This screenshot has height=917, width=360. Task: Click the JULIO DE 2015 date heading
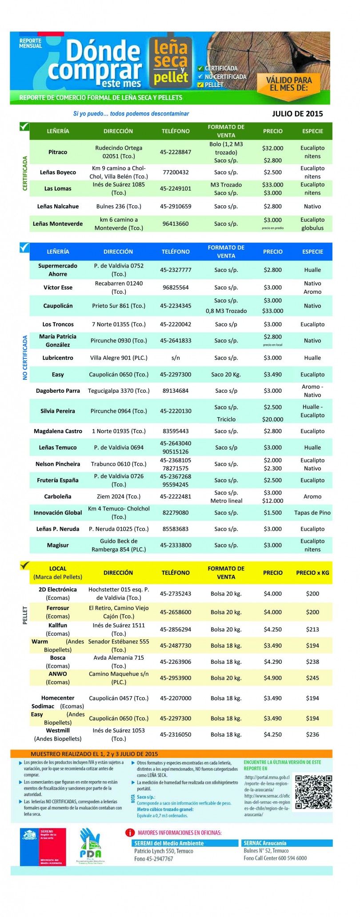tap(297, 114)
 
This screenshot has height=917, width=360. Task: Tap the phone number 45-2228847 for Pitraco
tap(176, 152)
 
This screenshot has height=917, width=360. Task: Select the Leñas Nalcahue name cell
tap(58, 206)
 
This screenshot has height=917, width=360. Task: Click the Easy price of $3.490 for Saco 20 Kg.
tap(272, 375)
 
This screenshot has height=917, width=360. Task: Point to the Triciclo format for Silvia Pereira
tap(226, 419)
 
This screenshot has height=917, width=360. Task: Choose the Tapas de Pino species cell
tap(312, 513)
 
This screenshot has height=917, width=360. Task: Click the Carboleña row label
tap(58, 496)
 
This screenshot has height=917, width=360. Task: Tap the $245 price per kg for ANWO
tap(312, 678)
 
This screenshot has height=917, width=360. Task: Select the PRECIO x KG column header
tap(312, 573)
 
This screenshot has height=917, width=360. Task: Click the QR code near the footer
tap(314, 792)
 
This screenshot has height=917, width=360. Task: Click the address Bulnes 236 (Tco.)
tap(119, 206)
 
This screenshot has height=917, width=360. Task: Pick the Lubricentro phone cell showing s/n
tap(176, 358)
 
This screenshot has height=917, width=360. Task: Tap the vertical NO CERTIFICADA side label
tap(25, 357)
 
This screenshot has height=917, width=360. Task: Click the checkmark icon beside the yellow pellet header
tap(25, 566)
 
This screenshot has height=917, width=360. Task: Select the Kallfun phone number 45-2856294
tap(176, 629)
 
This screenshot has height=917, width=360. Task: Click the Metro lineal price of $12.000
tap(272, 501)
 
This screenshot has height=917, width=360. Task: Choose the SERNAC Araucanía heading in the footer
tap(265, 843)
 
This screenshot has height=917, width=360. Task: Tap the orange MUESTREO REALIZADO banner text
tap(94, 754)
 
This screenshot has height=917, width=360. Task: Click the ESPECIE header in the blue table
tap(312, 251)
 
